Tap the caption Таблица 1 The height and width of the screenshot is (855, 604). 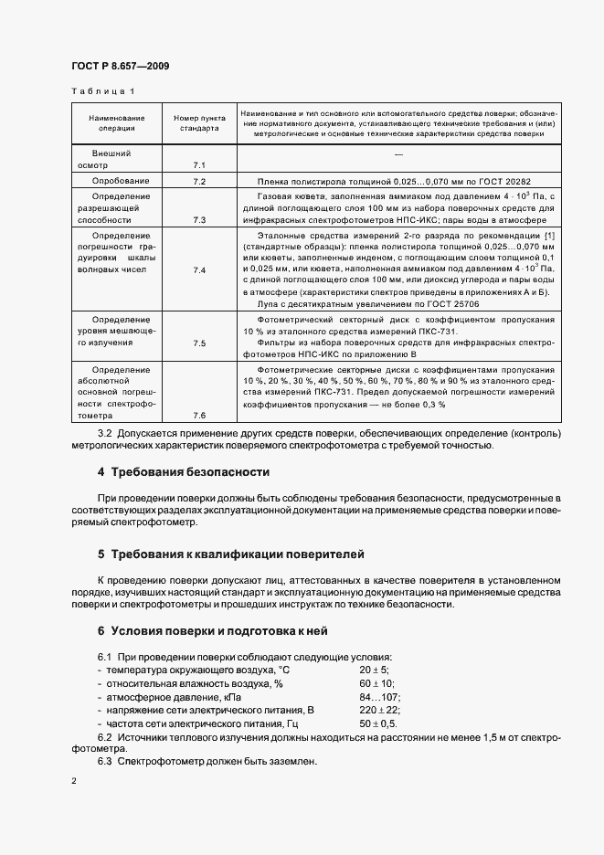[101, 91]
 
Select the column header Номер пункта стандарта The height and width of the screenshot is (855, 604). [199, 123]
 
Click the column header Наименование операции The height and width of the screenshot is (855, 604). [116, 123]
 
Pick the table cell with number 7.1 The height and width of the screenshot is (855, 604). [199, 165]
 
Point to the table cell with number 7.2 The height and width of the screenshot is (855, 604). [199, 182]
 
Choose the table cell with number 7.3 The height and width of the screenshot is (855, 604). [199, 220]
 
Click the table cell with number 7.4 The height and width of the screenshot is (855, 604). [199, 271]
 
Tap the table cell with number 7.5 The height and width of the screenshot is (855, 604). [199, 343]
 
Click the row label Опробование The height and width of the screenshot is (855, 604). [116, 182]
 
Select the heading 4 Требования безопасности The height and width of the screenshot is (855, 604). [184, 472]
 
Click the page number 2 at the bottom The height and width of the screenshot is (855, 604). [73, 782]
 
